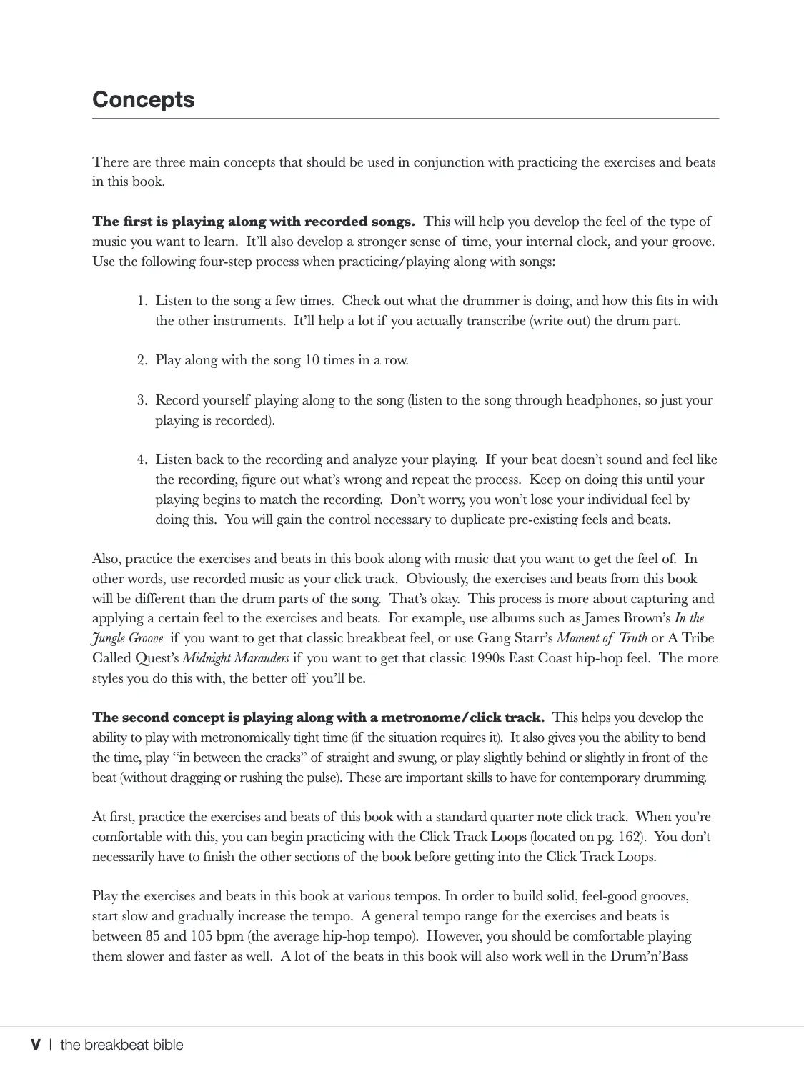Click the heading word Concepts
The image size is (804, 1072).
tap(143, 99)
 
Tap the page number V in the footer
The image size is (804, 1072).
tap(36, 1045)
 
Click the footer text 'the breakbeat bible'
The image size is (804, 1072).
tap(121, 1045)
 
